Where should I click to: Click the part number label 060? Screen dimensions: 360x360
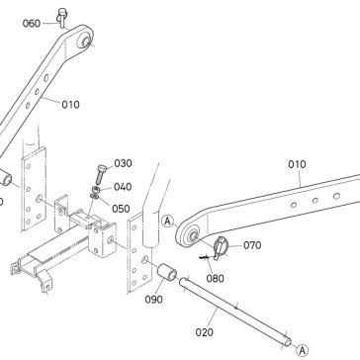click(x=32, y=24)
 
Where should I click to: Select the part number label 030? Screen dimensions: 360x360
click(x=123, y=163)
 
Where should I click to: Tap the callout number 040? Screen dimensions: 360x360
click(x=123, y=187)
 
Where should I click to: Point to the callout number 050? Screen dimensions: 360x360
click(x=121, y=209)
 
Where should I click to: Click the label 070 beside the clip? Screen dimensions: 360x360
click(x=252, y=245)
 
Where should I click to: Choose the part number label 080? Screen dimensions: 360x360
click(x=215, y=279)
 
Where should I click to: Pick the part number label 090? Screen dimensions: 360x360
click(x=153, y=300)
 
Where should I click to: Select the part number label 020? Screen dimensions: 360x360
click(x=205, y=332)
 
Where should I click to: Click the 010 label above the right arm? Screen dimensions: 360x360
click(x=297, y=164)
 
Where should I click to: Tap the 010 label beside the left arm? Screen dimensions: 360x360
click(x=70, y=105)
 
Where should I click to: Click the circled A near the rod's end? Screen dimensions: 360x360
click(x=302, y=350)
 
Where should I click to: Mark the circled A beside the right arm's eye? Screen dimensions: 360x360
click(x=168, y=222)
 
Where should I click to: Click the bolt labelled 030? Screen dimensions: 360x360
click(x=102, y=175)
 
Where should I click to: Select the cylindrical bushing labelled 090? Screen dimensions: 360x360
click(x=166, y=272)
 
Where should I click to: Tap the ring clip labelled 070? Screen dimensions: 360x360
click(x=221, y=247)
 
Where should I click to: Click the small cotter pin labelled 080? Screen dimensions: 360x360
click(x=205, y=256)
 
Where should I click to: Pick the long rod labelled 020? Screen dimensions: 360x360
click(x=235, y=312)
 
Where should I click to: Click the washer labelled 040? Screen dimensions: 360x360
click(x=96, y=190)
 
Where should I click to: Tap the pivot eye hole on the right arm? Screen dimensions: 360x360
click(x=193, y=235)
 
